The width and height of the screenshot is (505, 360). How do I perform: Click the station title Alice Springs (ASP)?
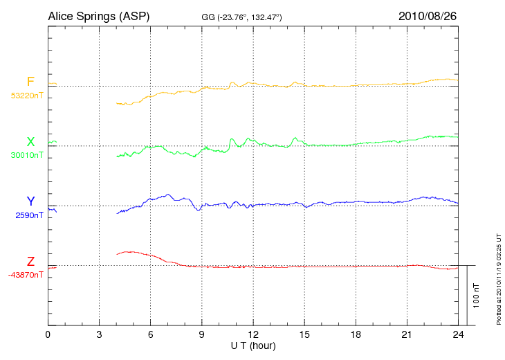(98, 15)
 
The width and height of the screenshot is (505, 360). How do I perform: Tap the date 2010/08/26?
(428, 15)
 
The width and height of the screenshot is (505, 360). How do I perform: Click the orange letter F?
(30, 82)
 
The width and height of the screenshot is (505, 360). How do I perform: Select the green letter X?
(30, 142)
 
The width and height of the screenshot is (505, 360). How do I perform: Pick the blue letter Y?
(30, 201)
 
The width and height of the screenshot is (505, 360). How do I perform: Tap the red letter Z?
(30, 262)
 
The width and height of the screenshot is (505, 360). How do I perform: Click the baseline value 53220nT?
(26, 96)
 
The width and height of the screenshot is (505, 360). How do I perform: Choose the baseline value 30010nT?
(26, 155)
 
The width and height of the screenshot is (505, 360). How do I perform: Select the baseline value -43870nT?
(26, 275)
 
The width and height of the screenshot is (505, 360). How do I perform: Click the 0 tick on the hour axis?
(48, 334)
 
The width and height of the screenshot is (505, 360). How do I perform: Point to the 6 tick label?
(150, 334)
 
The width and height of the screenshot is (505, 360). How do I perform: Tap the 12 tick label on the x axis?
(253, 334)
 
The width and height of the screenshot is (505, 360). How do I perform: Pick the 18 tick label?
(356, 334)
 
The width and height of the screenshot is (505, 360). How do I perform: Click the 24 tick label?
(458, 334)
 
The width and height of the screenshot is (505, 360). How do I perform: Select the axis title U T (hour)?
(253, 345)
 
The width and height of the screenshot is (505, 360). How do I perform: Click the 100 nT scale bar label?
(477, 296)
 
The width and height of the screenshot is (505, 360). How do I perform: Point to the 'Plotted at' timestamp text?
(498, 277)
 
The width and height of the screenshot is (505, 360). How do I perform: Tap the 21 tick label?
(407, 334)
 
